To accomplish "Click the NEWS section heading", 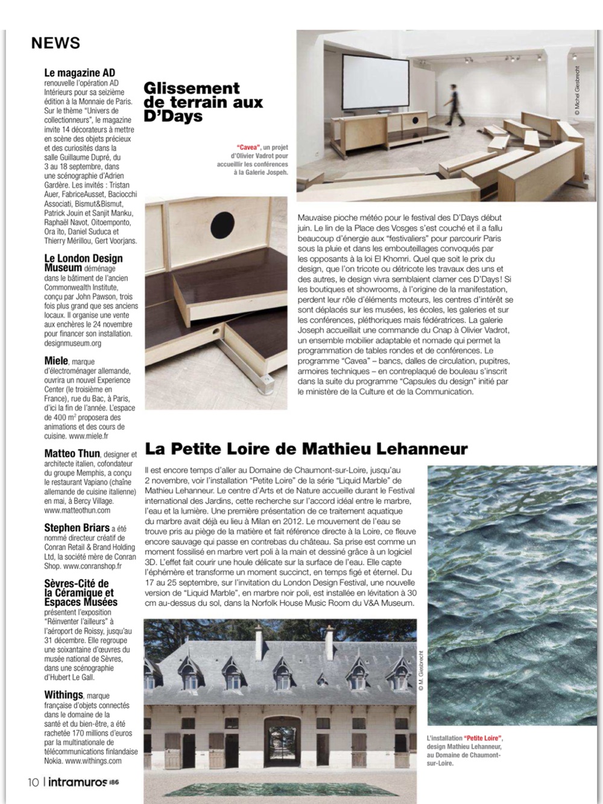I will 55,43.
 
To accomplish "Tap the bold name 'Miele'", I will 56,360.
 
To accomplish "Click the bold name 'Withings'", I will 63,695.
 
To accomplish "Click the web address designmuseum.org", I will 72,343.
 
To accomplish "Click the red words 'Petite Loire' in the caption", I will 484,738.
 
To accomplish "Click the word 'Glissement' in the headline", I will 191,89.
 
